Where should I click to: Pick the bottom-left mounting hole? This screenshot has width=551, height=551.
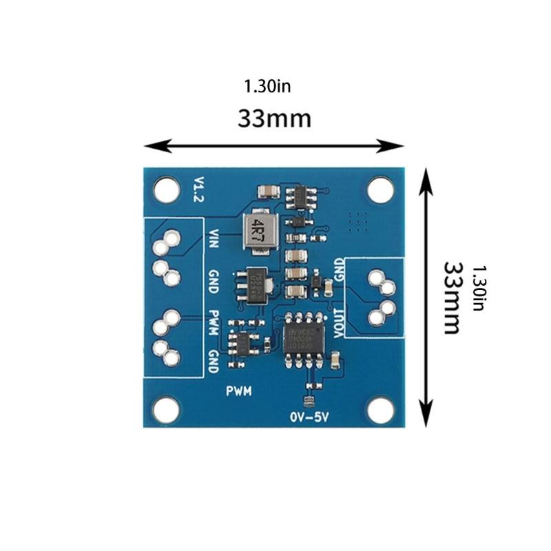[166, 410]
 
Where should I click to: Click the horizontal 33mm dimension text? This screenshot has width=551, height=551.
[274, 118]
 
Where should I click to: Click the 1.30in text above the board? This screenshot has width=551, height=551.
[267, 86]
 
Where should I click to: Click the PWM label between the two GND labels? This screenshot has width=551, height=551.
[214, 322]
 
